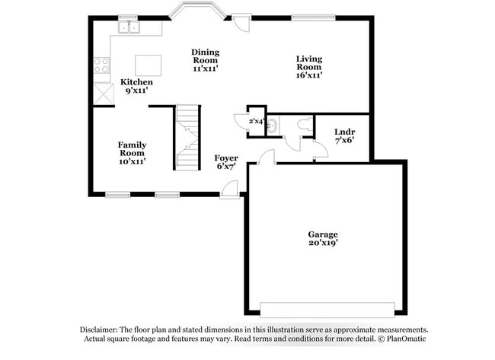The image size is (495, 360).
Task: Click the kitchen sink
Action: pos(129,27)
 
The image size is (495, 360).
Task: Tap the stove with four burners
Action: pos(101,65)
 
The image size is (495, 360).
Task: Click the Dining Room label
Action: pos(205,56)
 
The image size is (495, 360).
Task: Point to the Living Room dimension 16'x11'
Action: pos(309,75)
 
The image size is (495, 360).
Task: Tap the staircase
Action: pos(188,137)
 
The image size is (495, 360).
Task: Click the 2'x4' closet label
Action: pos(255,120)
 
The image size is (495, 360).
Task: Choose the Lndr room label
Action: pos(344,131)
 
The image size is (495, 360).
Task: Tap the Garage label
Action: pos(323,234)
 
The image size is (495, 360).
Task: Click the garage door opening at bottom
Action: pos(327,310)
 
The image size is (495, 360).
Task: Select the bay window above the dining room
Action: pos(196,11)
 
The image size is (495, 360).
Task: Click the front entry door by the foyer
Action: pos(229,190)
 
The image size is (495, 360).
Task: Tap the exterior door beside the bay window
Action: pos(241,22)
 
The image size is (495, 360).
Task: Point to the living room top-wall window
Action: pos(312,18)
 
